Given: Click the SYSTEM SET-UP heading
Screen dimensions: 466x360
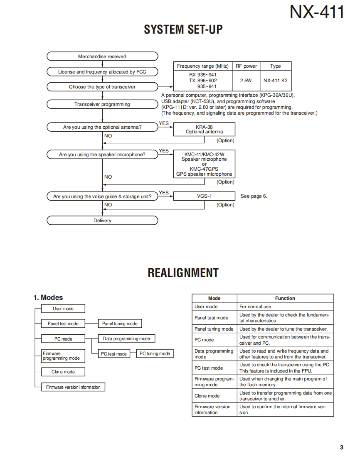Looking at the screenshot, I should tap(183, 29).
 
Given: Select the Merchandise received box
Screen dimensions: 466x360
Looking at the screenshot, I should tap(102, 56).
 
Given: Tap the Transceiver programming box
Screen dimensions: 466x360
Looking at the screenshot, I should tap(102, 104).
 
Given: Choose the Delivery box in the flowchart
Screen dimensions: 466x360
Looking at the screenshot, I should tap(102, 221).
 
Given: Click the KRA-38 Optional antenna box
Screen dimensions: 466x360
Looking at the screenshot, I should tap(204, 129).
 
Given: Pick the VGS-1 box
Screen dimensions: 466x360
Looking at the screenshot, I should tap(204, 196).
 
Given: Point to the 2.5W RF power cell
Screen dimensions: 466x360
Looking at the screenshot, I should tap(246, 81).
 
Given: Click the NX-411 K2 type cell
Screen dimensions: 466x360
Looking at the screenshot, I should tap(275, 81).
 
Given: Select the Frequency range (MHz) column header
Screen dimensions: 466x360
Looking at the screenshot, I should tap(203, 66).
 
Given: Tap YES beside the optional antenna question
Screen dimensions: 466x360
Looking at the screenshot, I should tap(164, 123).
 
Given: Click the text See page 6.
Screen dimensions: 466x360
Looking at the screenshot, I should tap(254, 196).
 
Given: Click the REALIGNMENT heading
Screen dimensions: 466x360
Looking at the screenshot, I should tap(183, 273).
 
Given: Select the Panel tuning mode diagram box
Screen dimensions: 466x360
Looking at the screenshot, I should tap(120, 324).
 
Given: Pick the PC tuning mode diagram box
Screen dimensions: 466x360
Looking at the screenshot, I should tap(155, 354).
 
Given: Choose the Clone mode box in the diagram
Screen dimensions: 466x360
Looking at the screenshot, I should tap(63, 372).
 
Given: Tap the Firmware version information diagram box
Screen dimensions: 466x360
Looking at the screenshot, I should tap(73, 387).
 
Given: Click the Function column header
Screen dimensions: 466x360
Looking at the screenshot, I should tap(285, 298).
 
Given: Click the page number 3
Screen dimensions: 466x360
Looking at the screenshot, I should tap(341, 447).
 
